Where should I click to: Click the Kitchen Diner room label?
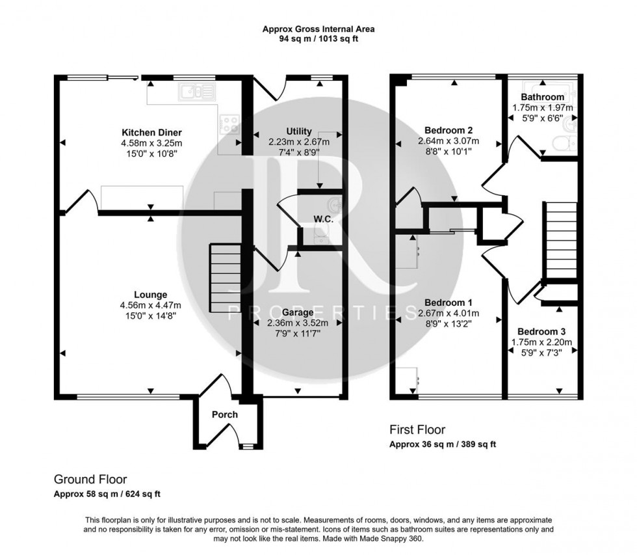[x=154, y=133]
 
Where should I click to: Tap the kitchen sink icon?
[x=196, y=92]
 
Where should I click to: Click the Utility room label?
[x=299, y=131]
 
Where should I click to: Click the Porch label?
[x=225, y=414]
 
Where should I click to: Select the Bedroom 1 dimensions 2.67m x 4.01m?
[x=448, y=314]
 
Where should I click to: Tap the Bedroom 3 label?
[x=541, y=331]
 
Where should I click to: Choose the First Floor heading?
[x=417, y=430]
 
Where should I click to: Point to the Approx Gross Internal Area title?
[x=318, y=29]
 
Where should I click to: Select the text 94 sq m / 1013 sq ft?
[x=318, y=39]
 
